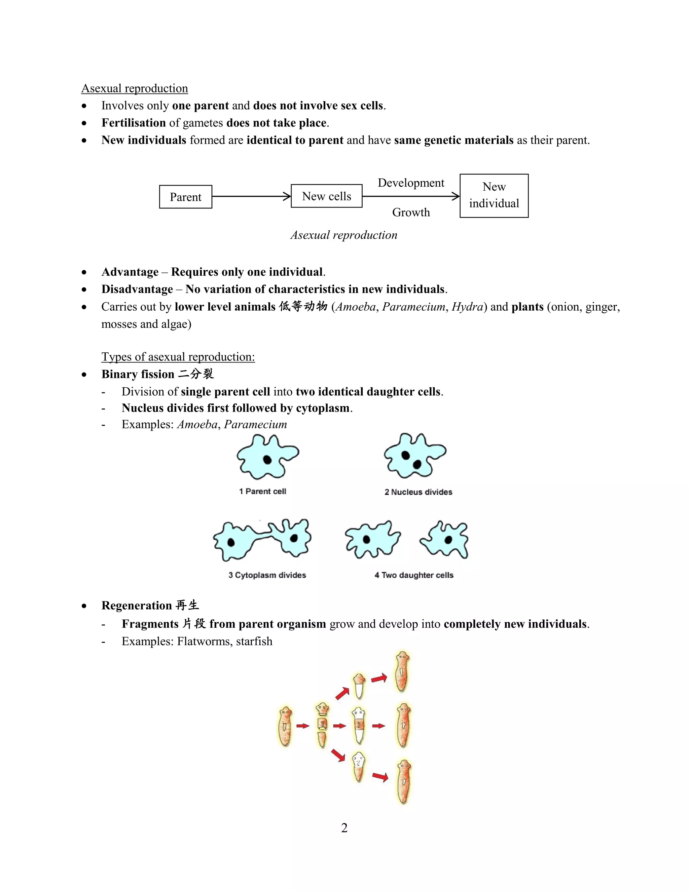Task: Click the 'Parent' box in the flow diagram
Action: (185, 197)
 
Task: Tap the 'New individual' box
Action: (494, 195)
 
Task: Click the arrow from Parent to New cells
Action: (251, 197)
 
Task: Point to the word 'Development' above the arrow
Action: (411, 183)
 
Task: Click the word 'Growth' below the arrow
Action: (411, 212)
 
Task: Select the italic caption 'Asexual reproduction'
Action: (344, 235)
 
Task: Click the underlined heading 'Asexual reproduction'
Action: (134, 88)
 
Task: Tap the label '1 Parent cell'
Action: (262, 491)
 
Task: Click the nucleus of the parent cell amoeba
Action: (267, 460)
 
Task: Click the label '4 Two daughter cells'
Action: (414, 575)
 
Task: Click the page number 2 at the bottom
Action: (344, 828)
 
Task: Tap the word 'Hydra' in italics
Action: (467, 307)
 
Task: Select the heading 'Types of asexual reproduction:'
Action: (178, 357)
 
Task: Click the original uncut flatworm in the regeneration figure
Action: (285, 726)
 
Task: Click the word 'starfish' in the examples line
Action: (254, 641)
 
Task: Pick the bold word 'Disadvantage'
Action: (137, 289)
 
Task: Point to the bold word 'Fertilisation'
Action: (134, 123)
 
